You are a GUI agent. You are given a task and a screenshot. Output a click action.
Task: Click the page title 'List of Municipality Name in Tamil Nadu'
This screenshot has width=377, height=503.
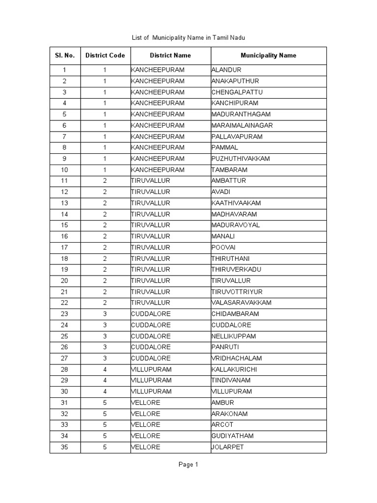(x=188, y=37)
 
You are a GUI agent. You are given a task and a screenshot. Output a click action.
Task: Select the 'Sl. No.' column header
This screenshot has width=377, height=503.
(x=65, y=56)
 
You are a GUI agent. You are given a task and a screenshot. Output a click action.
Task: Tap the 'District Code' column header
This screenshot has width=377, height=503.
(x=105, y=56)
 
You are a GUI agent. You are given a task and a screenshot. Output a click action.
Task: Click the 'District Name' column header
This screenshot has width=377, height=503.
(x=170, y=56)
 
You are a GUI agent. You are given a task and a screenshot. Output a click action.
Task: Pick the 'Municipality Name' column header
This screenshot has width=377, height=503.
(x=268, y=56)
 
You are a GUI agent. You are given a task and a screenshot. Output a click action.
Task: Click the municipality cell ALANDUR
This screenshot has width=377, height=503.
(x=226, y=70)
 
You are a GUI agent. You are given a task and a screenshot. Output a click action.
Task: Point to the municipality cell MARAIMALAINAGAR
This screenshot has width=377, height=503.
(x=242, y=125)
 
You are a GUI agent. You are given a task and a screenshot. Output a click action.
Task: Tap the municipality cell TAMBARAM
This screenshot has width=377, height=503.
(x=229, y=170)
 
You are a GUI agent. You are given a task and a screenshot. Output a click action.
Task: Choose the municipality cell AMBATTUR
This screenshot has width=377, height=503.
(x=229, y=181)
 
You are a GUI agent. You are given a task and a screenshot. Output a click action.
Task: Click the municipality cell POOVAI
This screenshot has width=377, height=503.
(x=223, y=248)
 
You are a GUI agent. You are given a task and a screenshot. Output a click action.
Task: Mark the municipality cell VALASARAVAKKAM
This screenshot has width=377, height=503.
(x=241, y=303)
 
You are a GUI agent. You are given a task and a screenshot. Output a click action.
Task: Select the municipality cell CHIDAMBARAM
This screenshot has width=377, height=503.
(x=235, y=314)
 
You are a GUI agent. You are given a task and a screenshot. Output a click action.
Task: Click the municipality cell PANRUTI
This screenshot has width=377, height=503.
(x=225, y=347)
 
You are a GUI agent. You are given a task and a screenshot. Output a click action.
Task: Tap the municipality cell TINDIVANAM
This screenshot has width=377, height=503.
(x=231, y=381)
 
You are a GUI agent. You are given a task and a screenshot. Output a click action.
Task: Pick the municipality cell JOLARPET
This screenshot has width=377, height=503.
(x=228, y=447)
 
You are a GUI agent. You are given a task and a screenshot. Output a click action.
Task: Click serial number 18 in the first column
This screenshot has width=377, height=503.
(x=65, y=258)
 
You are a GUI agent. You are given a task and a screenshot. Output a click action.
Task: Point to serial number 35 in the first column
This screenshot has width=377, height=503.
(x=65, y=447)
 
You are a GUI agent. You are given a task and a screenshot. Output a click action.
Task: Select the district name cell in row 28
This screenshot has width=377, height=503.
(x=151, y=369)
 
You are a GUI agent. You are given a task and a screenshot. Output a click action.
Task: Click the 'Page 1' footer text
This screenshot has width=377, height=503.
(x=188, y=465)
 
